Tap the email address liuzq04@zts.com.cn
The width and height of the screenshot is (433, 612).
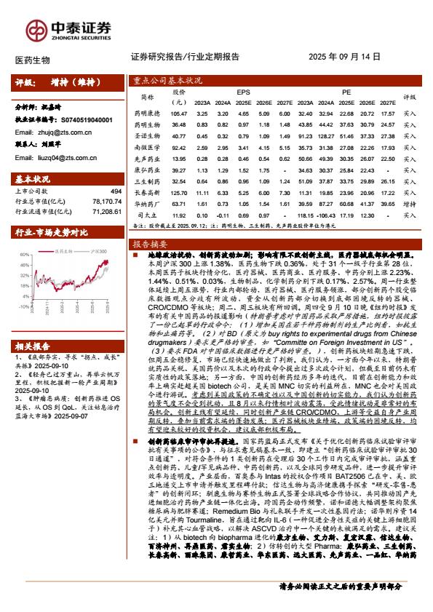click(x=52, y=157)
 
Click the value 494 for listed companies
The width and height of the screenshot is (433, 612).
click(x=114, y=190)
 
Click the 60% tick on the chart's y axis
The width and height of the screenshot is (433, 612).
click(x=25, y=255)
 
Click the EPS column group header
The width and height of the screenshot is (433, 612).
click(x=243, y=92)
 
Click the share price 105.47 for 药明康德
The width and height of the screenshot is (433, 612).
click(x=179, y=114)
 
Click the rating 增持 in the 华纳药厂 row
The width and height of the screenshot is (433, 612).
click(x=409, y=204)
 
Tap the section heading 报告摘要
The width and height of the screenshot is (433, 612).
click(x=149, y=244)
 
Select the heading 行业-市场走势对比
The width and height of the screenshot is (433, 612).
click(x=52, y=232)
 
